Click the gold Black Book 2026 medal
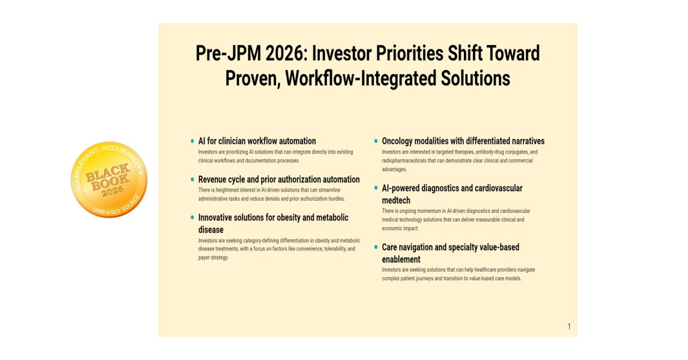pos(109,179)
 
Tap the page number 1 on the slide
pos(569,327)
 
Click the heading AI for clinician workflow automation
pos(257,141)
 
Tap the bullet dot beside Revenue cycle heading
pos(192,179)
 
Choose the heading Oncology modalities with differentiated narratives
pos(463,141)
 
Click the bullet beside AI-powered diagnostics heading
pos(376,188)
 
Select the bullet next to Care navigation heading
pos(376,247)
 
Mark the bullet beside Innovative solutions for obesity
pos(192,218)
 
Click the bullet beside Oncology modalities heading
pos(376,141)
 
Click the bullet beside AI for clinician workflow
pos(192,141)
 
